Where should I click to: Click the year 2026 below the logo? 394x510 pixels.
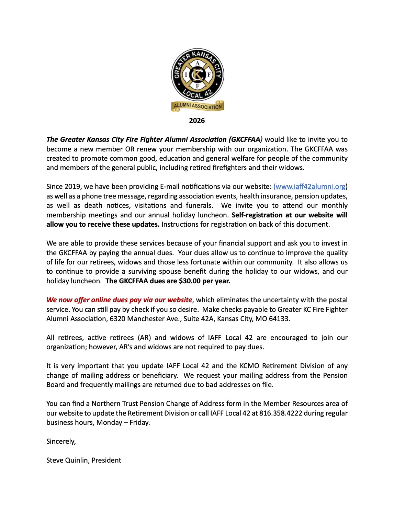tap(197, 121)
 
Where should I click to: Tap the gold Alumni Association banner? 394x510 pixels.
tap(198, 106)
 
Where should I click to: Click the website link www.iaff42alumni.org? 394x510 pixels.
tap(311, 186)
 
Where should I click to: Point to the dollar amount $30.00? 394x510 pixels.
tap(190, 281)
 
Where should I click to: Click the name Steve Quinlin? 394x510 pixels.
tap(67, 460)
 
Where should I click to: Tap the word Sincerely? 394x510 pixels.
tap(61, 441)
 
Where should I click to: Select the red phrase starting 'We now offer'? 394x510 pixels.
tap(119, 300)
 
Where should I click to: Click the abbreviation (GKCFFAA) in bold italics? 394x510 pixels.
tap(245, 139)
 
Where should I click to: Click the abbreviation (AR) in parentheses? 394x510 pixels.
tap(144, 338)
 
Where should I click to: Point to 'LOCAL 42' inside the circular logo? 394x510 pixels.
tap(198, 93)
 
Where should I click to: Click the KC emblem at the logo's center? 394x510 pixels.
tap(198, 75)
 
